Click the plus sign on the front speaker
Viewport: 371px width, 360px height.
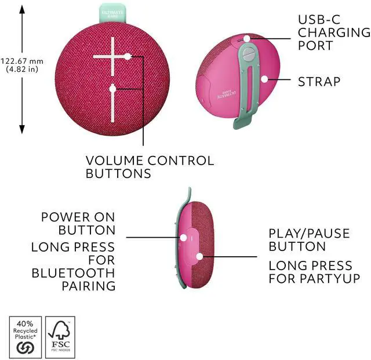pos(112,56)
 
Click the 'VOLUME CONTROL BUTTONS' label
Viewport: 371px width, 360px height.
pos(150,167)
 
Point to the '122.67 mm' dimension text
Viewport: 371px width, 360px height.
pos(21,60)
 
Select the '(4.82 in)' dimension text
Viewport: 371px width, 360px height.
pos(21,69)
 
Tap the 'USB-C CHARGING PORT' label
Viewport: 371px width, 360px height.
pos(333,32)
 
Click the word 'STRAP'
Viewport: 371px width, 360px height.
pos(319,82)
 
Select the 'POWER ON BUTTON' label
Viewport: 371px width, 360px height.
pos(78,223)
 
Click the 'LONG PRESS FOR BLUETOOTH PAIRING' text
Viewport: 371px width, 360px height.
pos(73,267)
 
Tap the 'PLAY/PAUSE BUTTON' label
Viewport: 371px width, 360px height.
pos(309,240)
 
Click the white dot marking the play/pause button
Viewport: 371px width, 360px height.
pos(199,256)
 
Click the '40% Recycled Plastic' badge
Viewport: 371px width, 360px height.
pos(24,336)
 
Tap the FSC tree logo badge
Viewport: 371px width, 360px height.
pos(60,336)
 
